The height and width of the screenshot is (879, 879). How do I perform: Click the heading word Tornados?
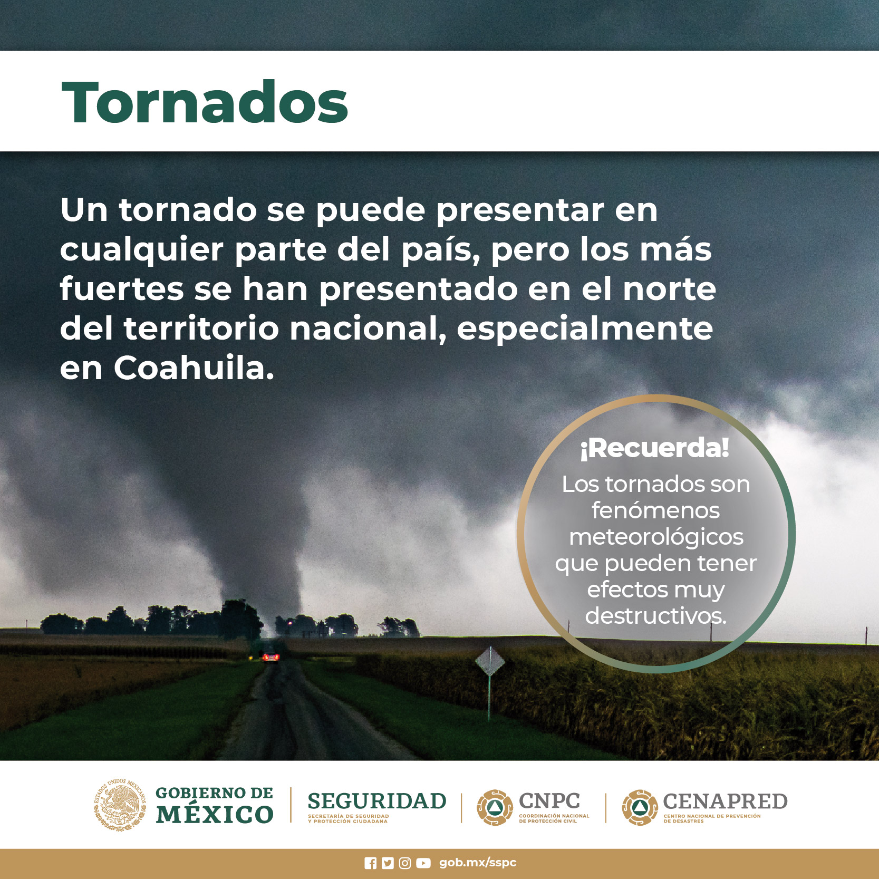click(205, 103)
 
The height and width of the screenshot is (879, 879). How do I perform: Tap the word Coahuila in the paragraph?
click(194, 368)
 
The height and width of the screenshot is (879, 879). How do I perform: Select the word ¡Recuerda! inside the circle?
click(655, 448)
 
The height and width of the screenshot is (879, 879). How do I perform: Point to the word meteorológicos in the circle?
click(656, 537)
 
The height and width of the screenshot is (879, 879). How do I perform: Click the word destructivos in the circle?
click(655, 615)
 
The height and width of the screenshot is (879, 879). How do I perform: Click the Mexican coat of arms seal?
click(120, 805)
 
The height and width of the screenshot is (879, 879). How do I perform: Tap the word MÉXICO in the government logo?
click(215, 814)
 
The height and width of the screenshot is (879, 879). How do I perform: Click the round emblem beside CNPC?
click(495, 807)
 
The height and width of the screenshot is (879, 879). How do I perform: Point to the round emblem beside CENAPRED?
click(640, 807)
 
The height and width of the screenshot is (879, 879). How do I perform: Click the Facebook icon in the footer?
click(371, 863)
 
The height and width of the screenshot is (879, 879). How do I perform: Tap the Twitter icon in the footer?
click(388, 863)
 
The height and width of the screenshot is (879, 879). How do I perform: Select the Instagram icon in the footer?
click(405, 863)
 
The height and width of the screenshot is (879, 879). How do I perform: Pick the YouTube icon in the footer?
click(423, 863)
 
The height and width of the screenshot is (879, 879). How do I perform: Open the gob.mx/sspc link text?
click(478, 863)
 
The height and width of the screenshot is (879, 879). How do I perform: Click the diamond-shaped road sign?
click(490, 661)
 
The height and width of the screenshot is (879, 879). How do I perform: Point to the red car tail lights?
click(271, 656)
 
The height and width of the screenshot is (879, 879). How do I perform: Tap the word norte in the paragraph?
click(670, 289)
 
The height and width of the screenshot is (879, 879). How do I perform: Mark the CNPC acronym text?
click(549, 801)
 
